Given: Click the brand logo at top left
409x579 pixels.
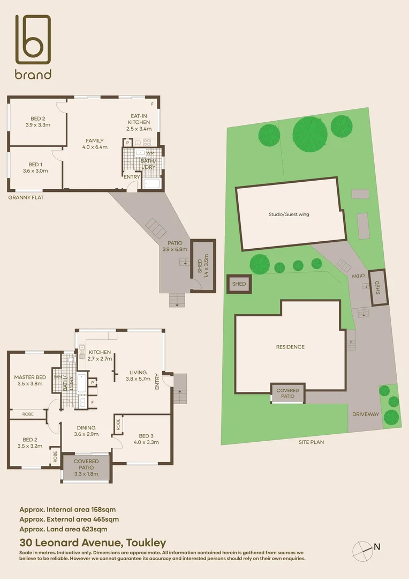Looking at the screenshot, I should click(33, 47).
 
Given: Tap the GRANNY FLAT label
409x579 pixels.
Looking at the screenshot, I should click(26, 198).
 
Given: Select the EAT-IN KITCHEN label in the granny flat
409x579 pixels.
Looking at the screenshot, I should click(139, 122).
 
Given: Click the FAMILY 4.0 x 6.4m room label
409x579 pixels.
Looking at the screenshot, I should click(94, 144).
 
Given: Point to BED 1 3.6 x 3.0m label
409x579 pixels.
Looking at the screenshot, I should click(35, 167).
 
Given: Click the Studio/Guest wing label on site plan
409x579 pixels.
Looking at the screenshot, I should click(289, 214).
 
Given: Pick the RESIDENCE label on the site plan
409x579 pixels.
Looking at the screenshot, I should click(290, 347).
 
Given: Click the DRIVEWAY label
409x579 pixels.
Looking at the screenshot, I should click(366, 414).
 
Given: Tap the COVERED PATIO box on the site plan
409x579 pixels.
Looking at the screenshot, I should click(288, 394).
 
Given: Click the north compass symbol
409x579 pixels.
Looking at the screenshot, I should click(363, 550).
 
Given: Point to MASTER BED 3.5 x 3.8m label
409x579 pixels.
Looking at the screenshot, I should click(31, 380).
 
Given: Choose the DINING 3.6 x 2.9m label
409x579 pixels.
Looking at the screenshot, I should click(86, 431).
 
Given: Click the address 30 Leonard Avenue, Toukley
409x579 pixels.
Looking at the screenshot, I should click(93, 543).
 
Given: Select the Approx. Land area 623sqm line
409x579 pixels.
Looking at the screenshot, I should click(67, 529).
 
